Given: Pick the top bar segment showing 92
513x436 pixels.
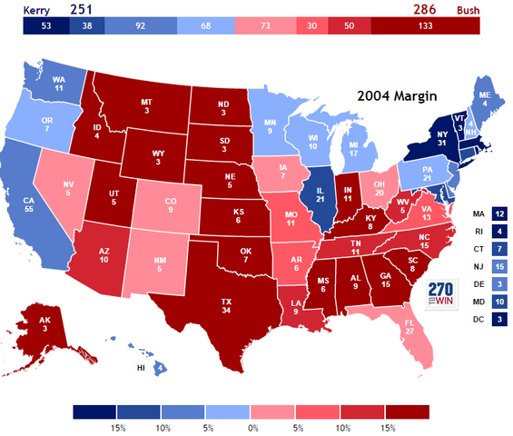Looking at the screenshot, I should pos(140,26).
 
